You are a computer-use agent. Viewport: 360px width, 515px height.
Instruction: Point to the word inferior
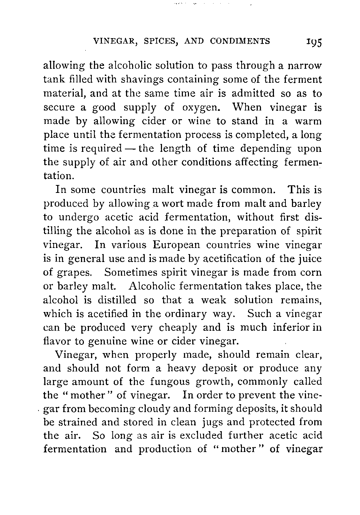tap(294, 327)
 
